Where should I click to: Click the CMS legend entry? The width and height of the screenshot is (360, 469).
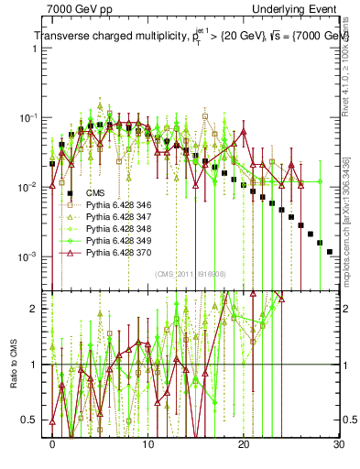(x=96, y=192)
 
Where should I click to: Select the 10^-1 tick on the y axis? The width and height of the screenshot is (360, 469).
(x=31, y=118)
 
